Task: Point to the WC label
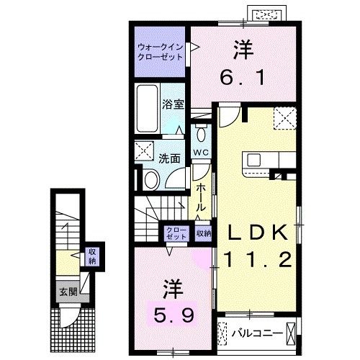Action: (200, 153)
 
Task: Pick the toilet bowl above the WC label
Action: (200, 135)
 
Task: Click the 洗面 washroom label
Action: (170, 158)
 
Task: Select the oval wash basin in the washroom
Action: (153, 179)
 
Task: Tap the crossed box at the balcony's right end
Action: (290, 333)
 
